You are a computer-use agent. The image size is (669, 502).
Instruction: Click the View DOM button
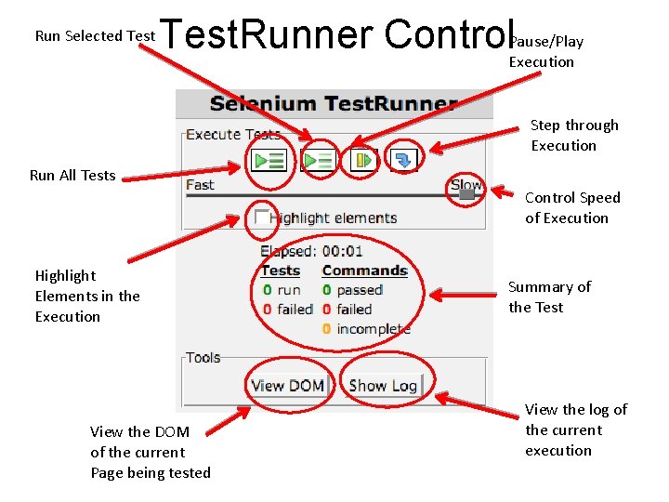coord(287,385)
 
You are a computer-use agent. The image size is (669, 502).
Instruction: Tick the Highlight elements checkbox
coord(262,218)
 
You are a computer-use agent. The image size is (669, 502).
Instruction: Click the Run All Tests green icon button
coord(269,160)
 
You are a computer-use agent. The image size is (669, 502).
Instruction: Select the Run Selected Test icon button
coord(318,160)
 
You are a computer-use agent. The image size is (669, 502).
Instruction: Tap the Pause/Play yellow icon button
coord(362,160)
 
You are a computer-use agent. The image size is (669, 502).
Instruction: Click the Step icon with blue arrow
coord(404,160)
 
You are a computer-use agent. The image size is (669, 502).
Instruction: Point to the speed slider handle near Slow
coord(467,194)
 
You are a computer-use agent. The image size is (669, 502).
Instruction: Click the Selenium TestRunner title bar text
coord(334,104)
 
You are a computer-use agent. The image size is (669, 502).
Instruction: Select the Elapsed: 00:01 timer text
coord(311,251)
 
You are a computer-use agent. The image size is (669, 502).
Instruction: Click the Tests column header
coord(280,271)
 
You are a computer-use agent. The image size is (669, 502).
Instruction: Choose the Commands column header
coord(364,271)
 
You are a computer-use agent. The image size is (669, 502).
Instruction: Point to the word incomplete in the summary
coord(373,328)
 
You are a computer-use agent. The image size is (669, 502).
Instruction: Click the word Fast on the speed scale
coord(200,185)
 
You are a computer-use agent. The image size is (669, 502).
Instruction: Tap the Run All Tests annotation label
coord(72,175)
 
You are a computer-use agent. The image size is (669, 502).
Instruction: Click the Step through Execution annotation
coord(573,135)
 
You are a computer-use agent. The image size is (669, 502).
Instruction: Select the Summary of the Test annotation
coord(549,297)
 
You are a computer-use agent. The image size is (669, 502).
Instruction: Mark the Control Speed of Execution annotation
coord(571,207)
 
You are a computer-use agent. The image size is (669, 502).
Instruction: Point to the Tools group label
coord(203,357)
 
